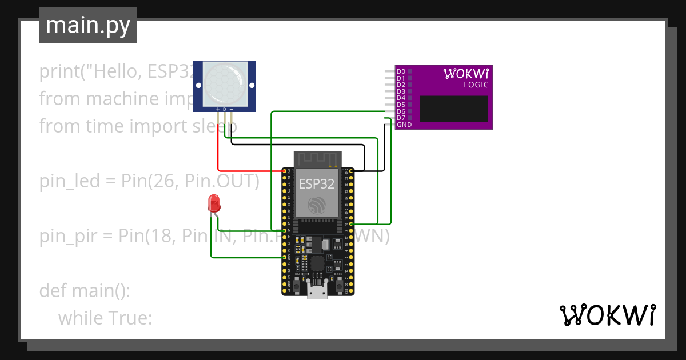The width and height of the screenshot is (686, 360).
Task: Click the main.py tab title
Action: (87, 25)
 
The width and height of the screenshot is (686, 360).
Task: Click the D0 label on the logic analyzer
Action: (401, 71)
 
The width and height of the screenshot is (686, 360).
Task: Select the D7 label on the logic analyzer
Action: (401, 118)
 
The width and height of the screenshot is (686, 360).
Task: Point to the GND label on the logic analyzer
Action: (404, 125)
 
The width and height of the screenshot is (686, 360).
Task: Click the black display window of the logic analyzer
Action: (454, 109)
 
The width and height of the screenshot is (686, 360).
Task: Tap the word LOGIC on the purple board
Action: (476, 85)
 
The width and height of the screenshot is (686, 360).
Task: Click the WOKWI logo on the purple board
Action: (466, 73)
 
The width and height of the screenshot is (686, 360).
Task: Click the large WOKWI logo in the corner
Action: (607, 315)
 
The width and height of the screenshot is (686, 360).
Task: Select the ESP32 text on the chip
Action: (317, 183)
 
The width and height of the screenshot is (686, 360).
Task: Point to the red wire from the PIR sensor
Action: (218, 151)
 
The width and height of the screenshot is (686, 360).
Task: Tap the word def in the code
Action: (53, 290)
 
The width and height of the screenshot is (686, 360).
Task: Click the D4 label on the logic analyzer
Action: (401, 98)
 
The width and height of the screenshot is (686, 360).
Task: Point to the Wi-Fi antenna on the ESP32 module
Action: (317, 158)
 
